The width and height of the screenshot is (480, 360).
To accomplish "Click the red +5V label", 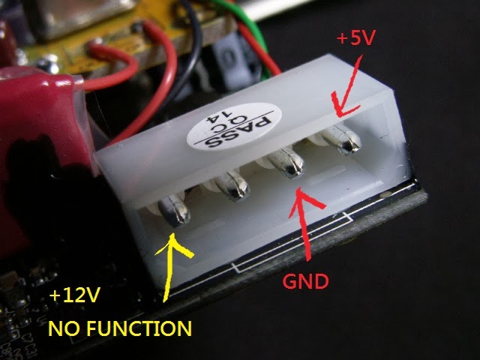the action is (x=355, y=38).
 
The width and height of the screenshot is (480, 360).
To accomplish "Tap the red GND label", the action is (x=305, y=281).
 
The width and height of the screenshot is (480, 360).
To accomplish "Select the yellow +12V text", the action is (x=75, y=295).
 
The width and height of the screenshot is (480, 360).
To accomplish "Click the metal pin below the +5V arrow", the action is (x=343, y=139).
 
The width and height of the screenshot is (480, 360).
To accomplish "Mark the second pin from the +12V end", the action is (x=232, y=186).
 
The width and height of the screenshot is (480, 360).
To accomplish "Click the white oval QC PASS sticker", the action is (x=234, y=127).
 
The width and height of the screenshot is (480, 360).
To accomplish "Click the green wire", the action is (x=252, y=28).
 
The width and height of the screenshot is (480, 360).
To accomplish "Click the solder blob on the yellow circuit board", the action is (x=48, y=62).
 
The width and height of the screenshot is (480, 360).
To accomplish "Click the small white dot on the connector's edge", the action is (x=385, y=195).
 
